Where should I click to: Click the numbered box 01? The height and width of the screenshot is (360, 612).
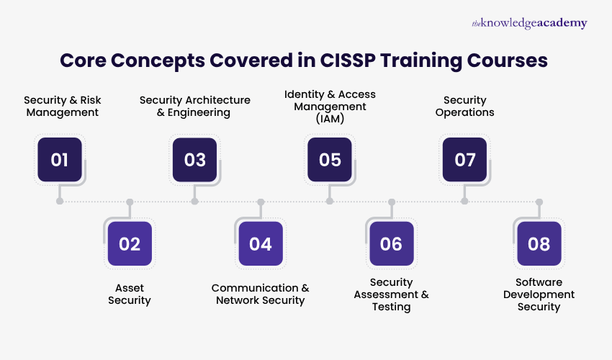[60, 159]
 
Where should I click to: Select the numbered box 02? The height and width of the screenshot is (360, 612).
[130, 243]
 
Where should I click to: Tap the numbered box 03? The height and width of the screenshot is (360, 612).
[194, 159]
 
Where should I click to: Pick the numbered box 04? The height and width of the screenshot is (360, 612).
[260, 243]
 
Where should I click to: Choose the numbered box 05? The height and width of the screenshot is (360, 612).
[330, 159]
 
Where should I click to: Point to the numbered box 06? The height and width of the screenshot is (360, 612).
[391, 243]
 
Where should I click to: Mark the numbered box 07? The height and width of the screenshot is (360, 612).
[464, 159]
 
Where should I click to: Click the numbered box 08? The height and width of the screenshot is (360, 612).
[539, 243]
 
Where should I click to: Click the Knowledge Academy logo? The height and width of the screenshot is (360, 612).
[529, 23]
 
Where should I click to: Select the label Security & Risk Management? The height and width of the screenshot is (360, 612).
[61, 106]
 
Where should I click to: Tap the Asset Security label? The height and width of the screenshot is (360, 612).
[130, 294]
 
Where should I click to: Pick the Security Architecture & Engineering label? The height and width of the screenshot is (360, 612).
[194, 106]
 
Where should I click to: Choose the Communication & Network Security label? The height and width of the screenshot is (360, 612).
[260, 294]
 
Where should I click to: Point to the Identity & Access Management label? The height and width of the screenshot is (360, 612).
[330, 106]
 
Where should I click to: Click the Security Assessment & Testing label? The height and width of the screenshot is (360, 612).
[391, 294]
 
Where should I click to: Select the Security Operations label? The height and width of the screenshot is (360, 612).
[464, 106]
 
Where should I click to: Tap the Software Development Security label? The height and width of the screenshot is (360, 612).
[539, 294]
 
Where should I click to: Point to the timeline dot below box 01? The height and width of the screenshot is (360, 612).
[60, 201]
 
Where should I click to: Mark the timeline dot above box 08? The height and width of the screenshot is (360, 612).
[539, 202]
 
